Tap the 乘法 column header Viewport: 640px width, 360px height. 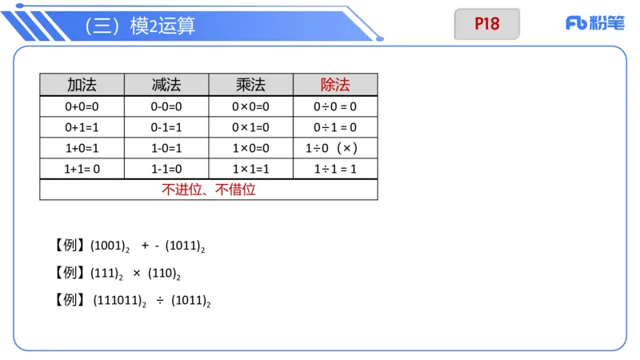click(251, 85)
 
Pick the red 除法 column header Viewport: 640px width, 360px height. click(335, 85)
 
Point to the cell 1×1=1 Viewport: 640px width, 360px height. click(251, 169)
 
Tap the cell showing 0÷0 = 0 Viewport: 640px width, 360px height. click(335, 106)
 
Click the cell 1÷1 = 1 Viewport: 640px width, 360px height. click(335, 169)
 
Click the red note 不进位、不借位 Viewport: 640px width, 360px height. click(208, 190)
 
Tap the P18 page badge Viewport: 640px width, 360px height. click(486, 24)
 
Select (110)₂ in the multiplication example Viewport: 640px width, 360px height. click(164, 274)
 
